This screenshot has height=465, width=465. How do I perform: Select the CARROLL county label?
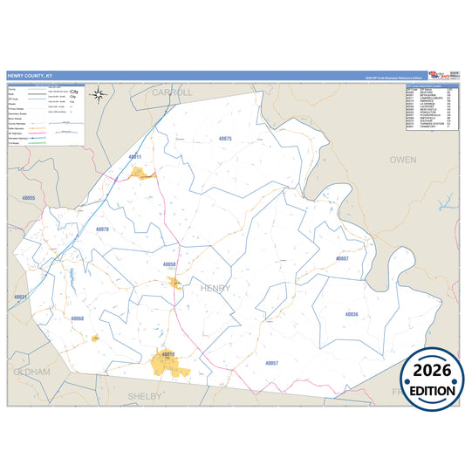[x=172, y=92]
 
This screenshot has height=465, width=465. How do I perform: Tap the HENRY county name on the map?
[x=215, y=288]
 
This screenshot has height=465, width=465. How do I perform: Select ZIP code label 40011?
[x=134, y=157]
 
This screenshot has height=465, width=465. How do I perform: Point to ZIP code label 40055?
[x=28, y=198]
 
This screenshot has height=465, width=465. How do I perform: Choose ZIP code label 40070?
[x=102, y=229]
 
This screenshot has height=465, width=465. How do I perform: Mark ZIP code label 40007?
[x=342, y=259]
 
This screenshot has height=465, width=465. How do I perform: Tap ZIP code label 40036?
[x=352, y=313]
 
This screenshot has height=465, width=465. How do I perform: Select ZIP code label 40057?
[x=270, y=362]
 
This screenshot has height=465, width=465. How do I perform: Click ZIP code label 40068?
[x=78, y=318]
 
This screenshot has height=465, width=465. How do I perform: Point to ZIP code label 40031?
[x=21, y=297]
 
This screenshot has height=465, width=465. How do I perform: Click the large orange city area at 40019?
[x=171, y=364]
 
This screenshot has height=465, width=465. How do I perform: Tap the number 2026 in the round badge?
[x=432, y=370]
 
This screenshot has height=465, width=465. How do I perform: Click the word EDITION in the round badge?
[x=432, y=390]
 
